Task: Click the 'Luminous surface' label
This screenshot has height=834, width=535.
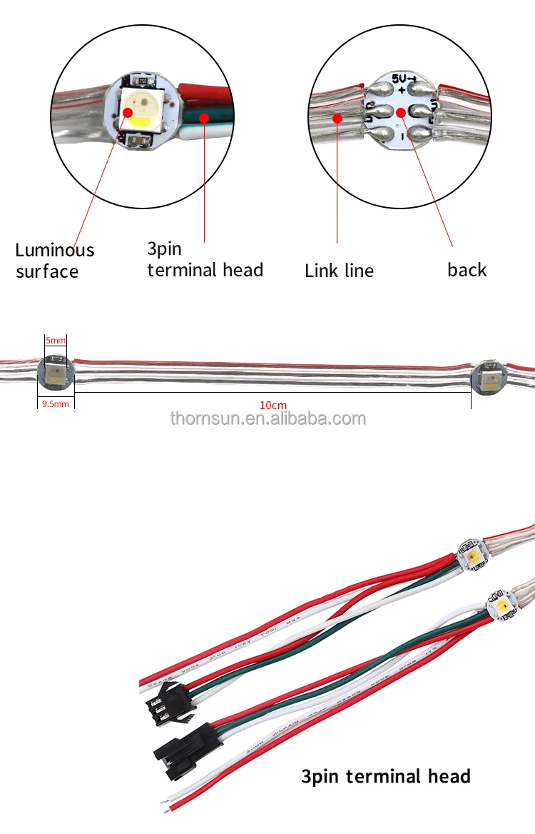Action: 55,261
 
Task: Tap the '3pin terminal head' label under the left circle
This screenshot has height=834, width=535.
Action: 205,259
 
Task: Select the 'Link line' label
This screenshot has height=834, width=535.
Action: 339,271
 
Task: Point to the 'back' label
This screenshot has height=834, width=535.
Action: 467,270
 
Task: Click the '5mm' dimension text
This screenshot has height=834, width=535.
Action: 55,340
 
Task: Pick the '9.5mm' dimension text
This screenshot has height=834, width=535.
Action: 55,404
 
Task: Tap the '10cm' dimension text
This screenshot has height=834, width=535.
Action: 272,405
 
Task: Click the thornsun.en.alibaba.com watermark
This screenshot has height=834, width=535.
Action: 267,418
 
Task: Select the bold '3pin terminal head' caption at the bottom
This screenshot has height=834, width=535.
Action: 386,776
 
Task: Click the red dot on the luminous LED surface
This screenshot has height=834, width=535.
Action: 129,112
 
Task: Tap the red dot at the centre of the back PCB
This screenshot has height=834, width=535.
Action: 401,112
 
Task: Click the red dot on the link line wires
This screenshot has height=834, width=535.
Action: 337,116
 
